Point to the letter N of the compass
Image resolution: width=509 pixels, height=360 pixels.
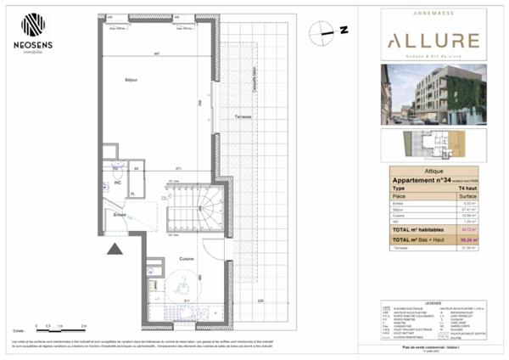(x=344, y=31)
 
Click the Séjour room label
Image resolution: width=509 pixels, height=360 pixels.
(x=131, y=80)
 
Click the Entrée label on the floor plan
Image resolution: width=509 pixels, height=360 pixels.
(x=120, y=216)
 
